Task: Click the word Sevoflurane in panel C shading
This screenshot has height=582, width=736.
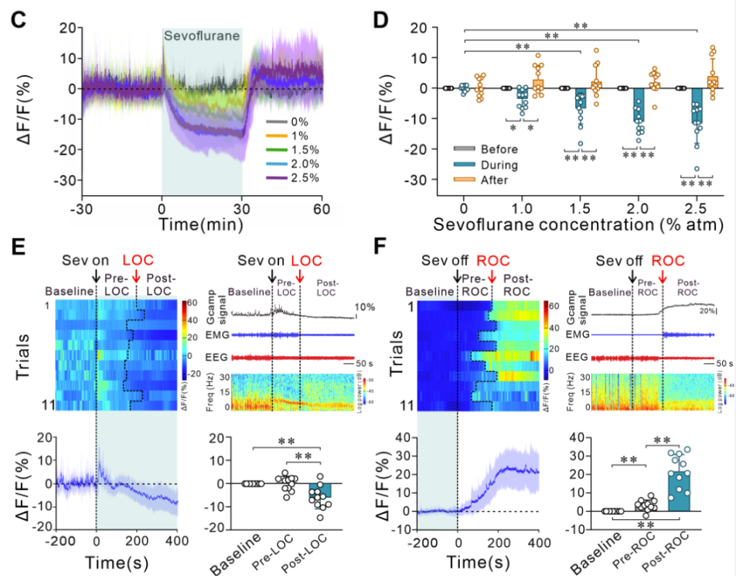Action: point(202,35)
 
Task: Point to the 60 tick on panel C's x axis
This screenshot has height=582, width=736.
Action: point(322,210)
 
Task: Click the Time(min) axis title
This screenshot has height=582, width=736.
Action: point(202,225)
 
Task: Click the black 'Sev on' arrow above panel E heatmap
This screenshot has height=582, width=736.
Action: point(95,274)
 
